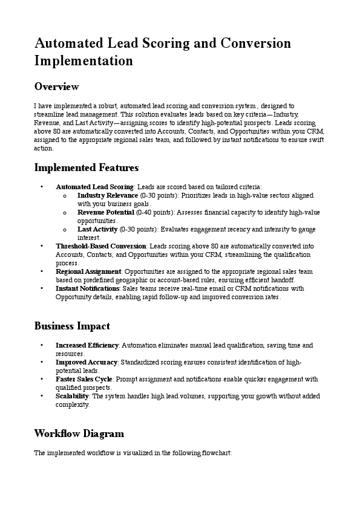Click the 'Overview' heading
[56, 86]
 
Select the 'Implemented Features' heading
[87, 167]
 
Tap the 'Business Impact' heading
[72, 326]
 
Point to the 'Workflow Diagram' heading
[79, 433]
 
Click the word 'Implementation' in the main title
[83, 60]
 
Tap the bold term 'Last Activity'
[97, 230]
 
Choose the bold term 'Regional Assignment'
[88, 272]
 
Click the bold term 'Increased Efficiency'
[88, 345]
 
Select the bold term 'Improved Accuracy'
[87, 362]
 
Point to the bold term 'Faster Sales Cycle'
[87, 379]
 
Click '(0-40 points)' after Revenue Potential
[155, 213]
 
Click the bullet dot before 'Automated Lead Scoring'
[41, 187]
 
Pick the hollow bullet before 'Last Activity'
[64, 230]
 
